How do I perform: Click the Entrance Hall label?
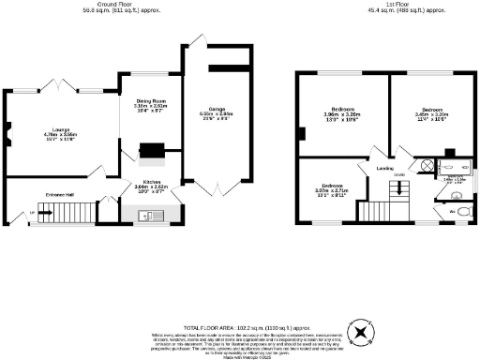[x=34, y=194]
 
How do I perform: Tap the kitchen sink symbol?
[x=145, y=217]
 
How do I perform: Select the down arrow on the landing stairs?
[x=398, y=187]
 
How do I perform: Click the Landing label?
[x=384, y=169]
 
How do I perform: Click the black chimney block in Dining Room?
[x=150, y=149]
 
